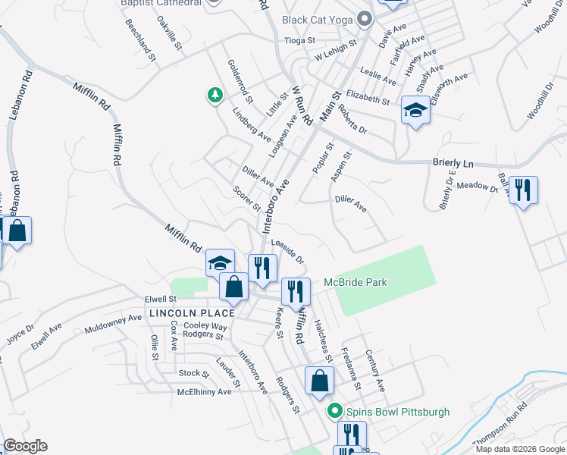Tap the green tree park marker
tap(216, 96)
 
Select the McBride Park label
tap(355, 282)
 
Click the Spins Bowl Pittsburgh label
tap(398, 412)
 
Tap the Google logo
tap(24, 446)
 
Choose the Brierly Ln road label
tap(453, 163)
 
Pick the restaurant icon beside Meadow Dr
tap(523, 190)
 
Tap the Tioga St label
tap(298, 41)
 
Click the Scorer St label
tap(247, 199)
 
